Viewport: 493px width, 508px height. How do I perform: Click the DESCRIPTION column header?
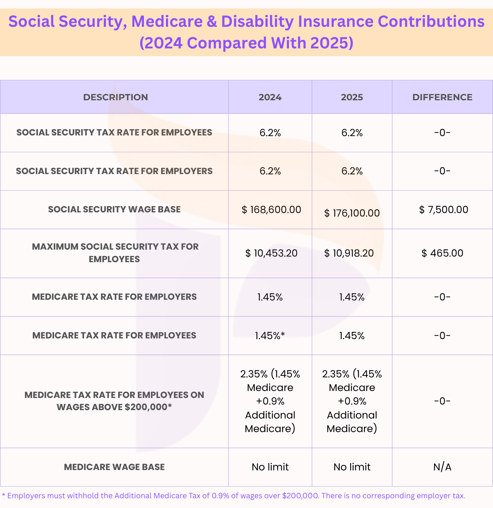115,97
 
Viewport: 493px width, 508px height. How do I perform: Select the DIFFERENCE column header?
442,97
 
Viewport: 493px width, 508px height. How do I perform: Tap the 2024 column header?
270,97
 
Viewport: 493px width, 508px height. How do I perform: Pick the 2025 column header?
352,97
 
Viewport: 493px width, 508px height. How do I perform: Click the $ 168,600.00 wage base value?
271,210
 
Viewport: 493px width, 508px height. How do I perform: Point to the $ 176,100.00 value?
352,213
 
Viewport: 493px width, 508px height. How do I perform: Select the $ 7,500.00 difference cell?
443,210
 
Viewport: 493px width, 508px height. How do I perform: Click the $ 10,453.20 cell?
271,253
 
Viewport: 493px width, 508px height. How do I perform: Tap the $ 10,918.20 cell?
349,253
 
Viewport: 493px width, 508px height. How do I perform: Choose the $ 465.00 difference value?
442,253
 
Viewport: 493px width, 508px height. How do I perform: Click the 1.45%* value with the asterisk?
270,335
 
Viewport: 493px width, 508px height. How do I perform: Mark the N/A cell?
442,467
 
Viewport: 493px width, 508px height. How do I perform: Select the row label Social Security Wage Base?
114,209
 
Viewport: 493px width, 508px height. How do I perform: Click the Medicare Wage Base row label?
114,467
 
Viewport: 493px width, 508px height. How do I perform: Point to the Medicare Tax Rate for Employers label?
114,297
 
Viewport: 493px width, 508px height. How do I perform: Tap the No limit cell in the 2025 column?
352,467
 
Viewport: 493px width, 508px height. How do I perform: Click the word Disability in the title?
257,22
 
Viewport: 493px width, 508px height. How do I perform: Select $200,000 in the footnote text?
300,496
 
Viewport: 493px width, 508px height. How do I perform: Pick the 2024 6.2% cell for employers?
270,171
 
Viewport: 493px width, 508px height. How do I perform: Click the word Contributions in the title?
431,21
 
